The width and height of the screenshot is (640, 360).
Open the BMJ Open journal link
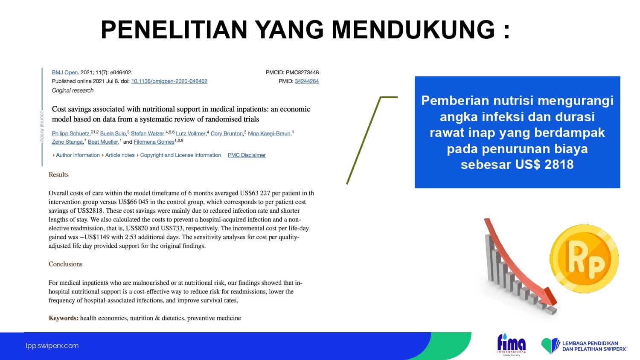[x=65, y=73]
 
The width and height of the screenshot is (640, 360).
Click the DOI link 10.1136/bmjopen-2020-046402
[x=169, y=81]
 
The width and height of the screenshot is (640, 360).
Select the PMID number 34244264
[x=307, y=81]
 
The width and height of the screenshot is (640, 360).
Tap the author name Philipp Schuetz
[x=70, y=134]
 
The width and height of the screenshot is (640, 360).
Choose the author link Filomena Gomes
[x=154, y=142]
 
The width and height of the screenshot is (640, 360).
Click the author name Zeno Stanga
[x=67, y=142]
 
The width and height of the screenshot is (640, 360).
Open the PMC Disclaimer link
[x=247, y=155]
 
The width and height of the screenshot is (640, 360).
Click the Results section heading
[x=58, y=174]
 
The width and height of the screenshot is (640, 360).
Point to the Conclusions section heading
[x=65, y=264]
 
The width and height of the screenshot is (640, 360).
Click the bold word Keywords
[x=64, y=318]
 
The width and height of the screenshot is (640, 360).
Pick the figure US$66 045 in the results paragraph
[x=133, y=202]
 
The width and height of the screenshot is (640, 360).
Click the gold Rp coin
[x=584, y=259]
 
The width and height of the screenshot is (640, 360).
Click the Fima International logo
[x=511, y=344]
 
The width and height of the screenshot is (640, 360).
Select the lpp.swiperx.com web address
[x=52, y=346]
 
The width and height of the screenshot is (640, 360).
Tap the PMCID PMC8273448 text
[x=292, y=73]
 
